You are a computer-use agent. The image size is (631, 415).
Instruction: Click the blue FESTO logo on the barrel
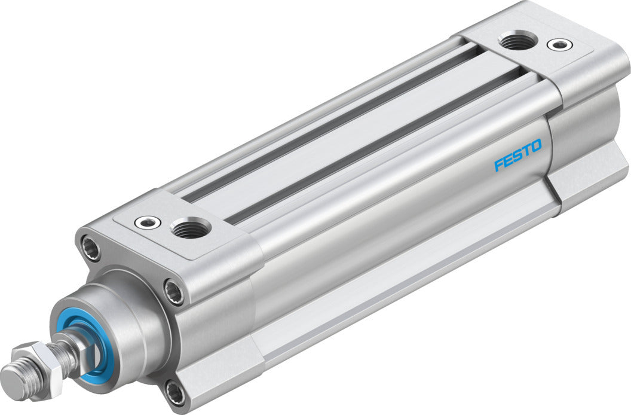coord(517,155)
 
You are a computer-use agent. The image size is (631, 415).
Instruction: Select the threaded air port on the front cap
coord(190,228)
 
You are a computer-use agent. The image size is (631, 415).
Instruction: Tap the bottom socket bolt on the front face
coord(175,393)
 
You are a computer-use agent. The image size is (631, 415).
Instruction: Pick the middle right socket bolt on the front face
coord(174,293)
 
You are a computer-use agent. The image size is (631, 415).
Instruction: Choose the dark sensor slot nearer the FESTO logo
coord(382,144)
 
